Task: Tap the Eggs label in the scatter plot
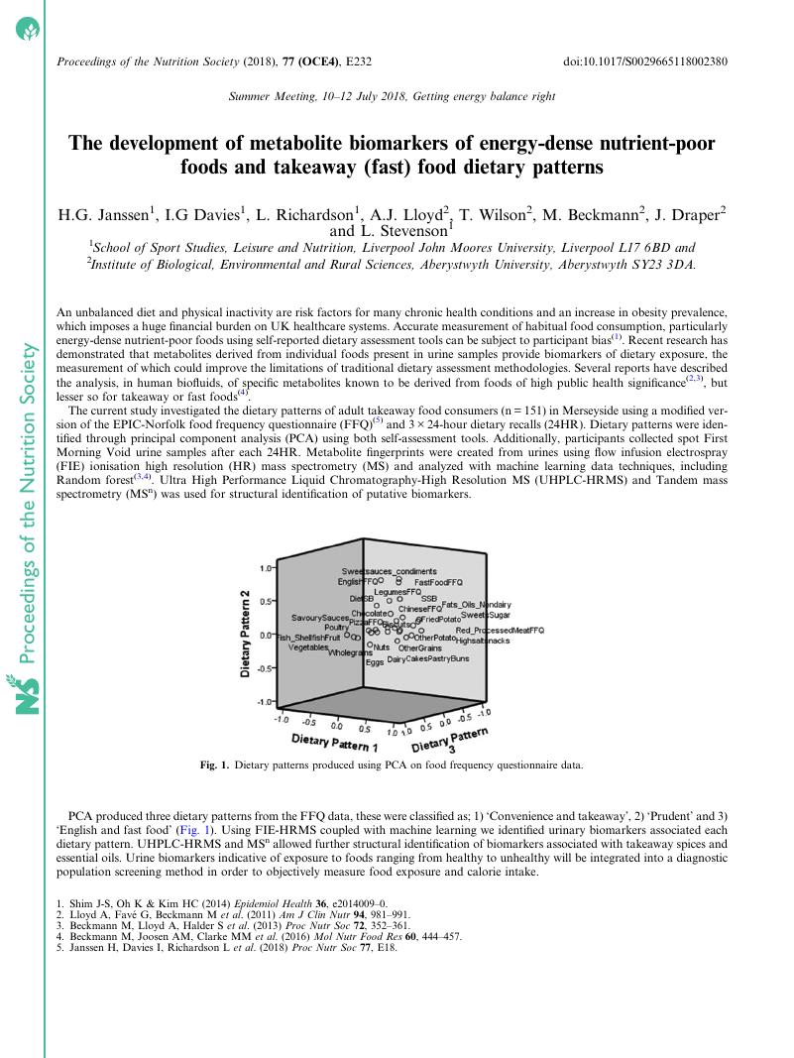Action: tap(375, 662)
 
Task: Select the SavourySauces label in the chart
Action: tap(320, 618)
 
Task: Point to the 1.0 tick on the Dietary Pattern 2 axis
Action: tap(266, 568)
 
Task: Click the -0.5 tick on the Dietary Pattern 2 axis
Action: tap(265, 668)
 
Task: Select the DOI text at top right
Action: tap(645, 61)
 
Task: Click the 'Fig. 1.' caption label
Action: tap(215, 765)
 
